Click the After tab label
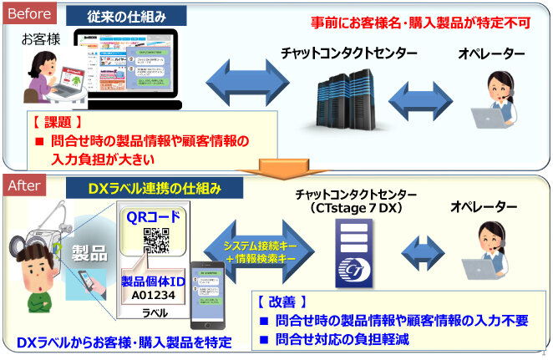pos(26,188)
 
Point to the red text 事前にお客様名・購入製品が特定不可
pos(429,23)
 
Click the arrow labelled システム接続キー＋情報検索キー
pos(264,248)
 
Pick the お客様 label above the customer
pos(38,39)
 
